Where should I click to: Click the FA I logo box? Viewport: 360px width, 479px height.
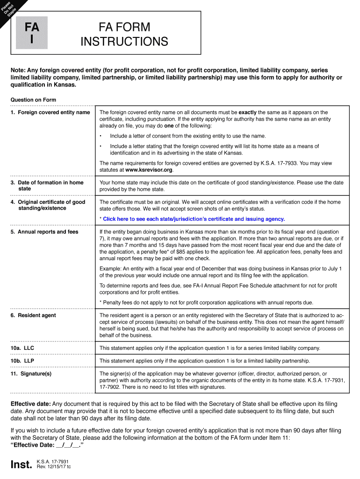32,33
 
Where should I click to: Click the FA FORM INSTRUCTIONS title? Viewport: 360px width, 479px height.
124,34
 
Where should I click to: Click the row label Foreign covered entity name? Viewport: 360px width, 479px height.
50,113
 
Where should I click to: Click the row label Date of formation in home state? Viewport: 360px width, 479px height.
47,186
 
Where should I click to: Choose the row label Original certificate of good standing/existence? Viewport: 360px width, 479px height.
48,205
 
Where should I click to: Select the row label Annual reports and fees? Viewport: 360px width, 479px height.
44,232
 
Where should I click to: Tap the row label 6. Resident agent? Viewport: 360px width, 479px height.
33,315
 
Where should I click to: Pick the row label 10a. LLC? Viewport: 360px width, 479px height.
22,348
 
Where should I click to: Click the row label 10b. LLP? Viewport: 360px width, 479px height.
22,361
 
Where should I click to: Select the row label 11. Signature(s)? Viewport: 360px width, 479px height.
31,374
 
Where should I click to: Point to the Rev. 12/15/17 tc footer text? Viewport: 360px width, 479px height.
53,467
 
